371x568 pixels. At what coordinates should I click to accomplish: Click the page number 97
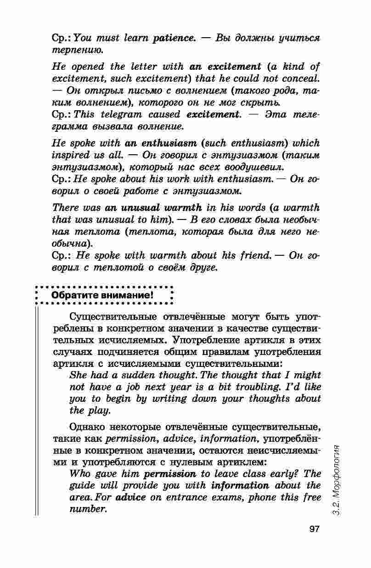pos(314,529)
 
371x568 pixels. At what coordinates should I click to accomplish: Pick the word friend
pos(250,256)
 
